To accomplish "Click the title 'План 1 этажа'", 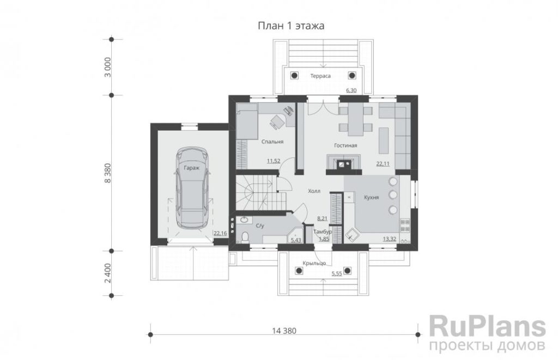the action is pyautogui.click(x=291, y=26).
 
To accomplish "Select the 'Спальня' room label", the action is pyautogui.click(x=272, y=142).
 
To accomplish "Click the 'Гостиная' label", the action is pyautogui.click(x=345, y=145).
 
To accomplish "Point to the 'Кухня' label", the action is pyautogui.click(x=371, y=198).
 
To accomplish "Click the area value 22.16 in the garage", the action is pyautogui.click(x=220, y=233).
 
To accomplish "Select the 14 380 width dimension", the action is pyautogui.click(x=284, y=331).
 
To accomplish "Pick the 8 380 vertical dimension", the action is pyautogui.click(x=108, y=173).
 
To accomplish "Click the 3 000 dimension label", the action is pyautogui.click(x=108, y=67).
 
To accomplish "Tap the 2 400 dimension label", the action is pyautogui.click(x=108, y=273).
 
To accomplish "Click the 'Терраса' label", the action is pyautogui.click(x=320, y=76).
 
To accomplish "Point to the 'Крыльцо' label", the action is pyautogui.click(x=314, y=263).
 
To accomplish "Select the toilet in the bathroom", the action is pyautogui.click(x=245, y=237).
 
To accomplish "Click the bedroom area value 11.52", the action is pyautogui.click(x=274, y=161).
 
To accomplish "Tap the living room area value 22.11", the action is pyautogui.click(x=383, y=164).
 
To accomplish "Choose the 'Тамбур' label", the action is pyautogui.click(x=323, y=232).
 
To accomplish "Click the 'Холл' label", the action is pyautogui.click(x=314, y=191).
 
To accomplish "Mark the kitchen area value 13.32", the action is pyautogui.click(x=389, y=239).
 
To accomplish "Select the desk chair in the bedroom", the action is pyautogui.click(x=276, y=121).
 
